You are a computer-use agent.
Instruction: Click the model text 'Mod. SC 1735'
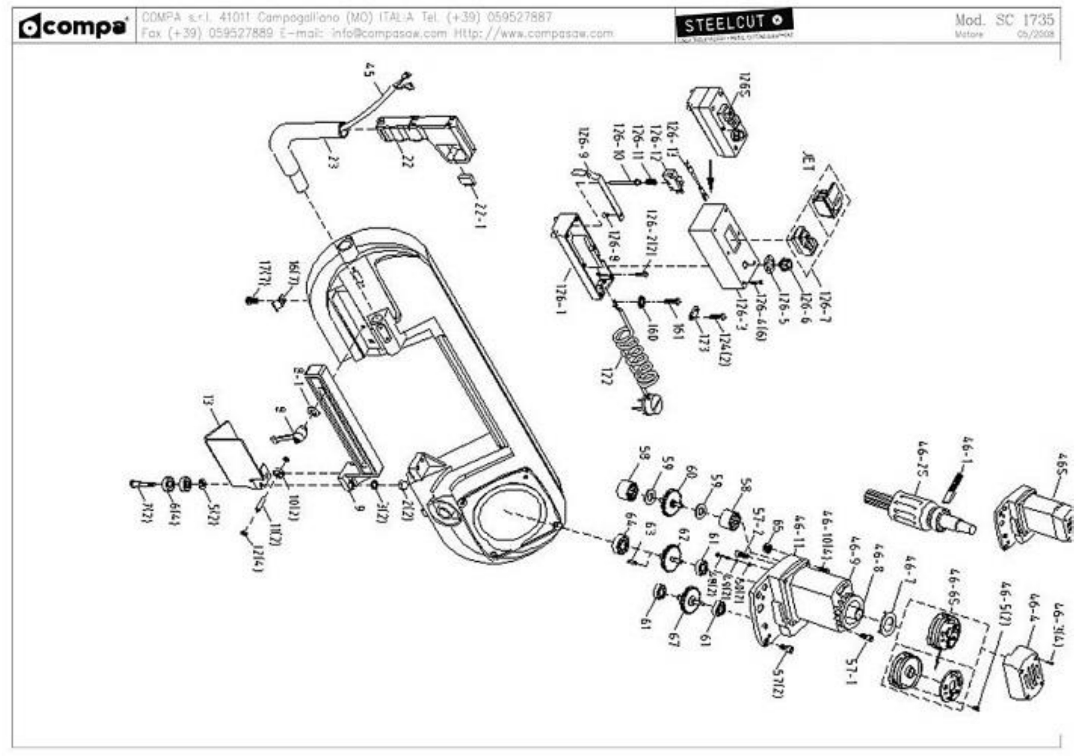(1004, 20)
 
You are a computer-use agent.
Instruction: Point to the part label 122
(606, 375)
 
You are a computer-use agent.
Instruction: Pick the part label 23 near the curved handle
(332, 162)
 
